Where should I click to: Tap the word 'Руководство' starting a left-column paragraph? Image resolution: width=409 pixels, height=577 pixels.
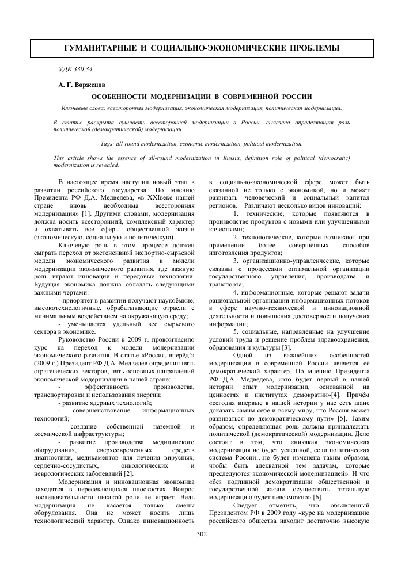click(80, 323)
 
